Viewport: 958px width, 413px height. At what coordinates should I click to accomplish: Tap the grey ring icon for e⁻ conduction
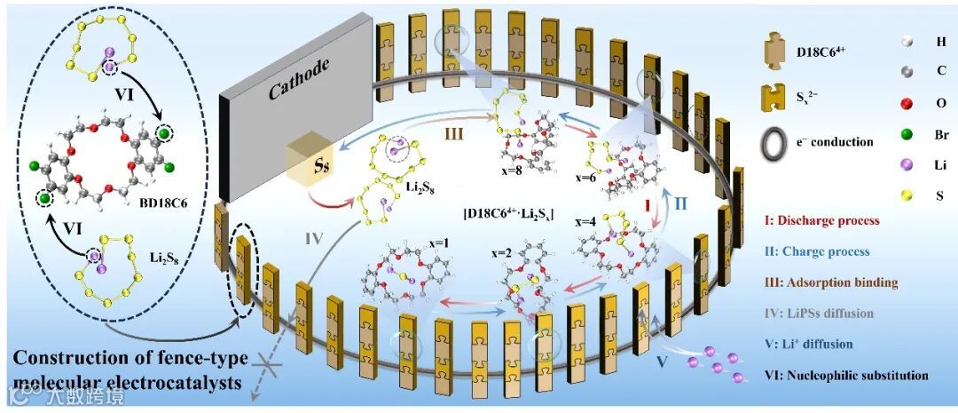(x=779, y=140)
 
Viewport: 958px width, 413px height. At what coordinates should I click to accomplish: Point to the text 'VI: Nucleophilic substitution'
(x=844, y=376)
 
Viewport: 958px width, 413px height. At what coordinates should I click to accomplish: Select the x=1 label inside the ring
(x=416, y=240)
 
